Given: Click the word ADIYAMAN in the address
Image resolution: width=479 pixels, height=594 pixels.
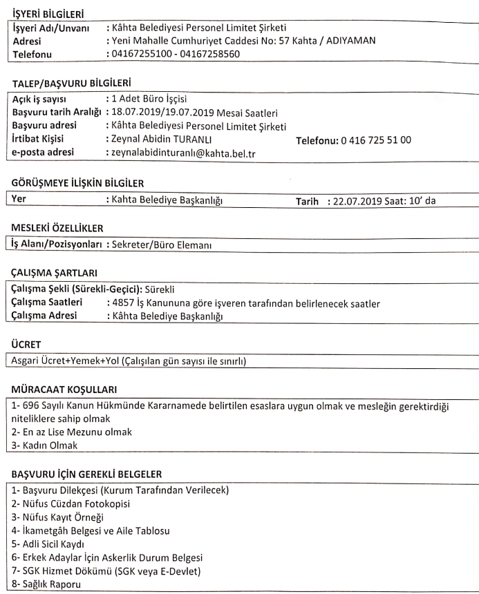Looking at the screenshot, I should (352, 40).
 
